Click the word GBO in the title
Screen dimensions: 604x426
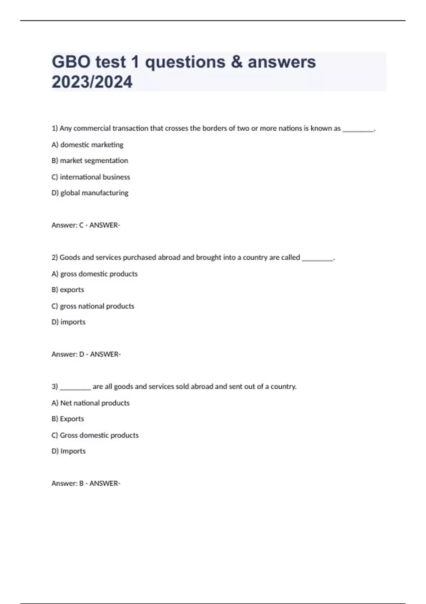pyautogui.click(x=71, y=62)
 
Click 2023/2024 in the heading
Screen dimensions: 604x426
pyautogui.click(x=92, y=82)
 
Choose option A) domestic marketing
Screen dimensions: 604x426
pyautogui.click(x=87, y=145)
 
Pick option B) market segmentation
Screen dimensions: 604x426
pyautogui.click(x=89, y=161)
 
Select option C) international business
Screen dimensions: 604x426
pyautogui.click(x=91, y=177)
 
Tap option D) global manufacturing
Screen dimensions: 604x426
pyautogui.click(x=90, y=193)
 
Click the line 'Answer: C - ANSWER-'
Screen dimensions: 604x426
pyautogui.click(x=86, y=225)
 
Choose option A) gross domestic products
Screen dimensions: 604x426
pyautogui.click(x=94, y=274)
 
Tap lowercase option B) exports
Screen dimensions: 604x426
pyautogui.click(x=68, y=290)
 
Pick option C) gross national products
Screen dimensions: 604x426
pyautogui.click(x=93, y=306)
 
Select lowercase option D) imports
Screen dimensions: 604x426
pyautogui.click(x=69, y=322)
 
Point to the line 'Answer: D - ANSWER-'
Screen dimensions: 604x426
pyautogui.click(x=86, y=354)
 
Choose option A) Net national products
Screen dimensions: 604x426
pyautogui.click(x=91, y=403)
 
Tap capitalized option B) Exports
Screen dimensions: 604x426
pyautogui.click(x=68, y=419)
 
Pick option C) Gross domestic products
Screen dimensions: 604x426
pyautogui.click(x=95, y=435)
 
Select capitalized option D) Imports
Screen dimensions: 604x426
pyautogui.click(x=69, y=451)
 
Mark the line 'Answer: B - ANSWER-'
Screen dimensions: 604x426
pyautogui.click(x=86, y=484)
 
